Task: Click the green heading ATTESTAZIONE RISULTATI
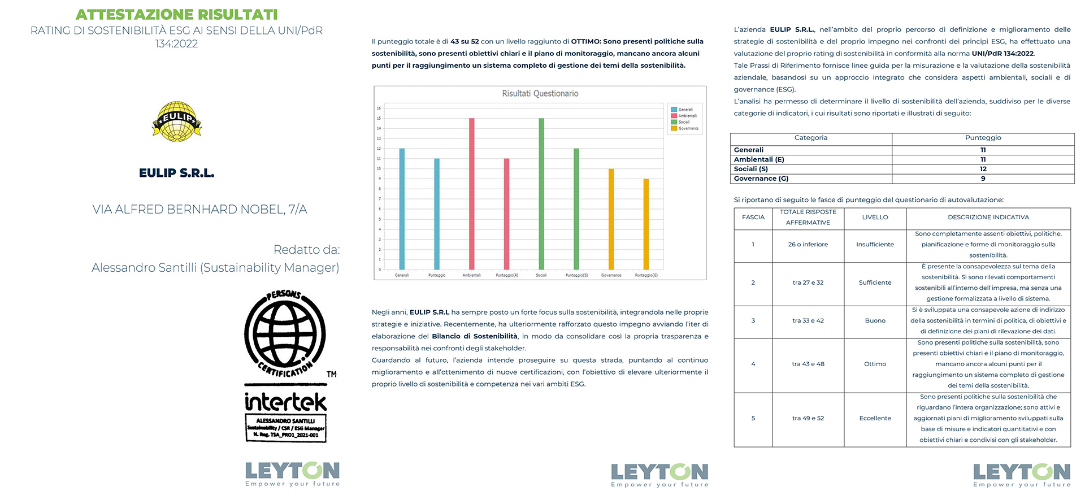click(176, 14)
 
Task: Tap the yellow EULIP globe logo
click(177, 121)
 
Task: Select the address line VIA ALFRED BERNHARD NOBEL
click(199, 210)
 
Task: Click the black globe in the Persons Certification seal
click(285, 333)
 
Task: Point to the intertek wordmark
click(285, 402)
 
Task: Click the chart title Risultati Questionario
click(540, 94)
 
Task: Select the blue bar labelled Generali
click(402, 209)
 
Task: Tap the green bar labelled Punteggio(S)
click(576, 209)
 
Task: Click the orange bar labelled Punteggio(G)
click(646, 224)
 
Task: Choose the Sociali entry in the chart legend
click(684, 122)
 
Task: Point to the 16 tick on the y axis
click(379, 108)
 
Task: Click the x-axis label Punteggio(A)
click(506, 275)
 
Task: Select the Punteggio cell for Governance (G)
click(983, 179)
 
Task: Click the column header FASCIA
click(753, 218)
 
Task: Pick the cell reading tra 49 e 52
click(808, 419)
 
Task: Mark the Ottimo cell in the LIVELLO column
click(875, 364)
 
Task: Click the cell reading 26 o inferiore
click(808, 245)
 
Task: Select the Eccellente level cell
click(875, 419)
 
